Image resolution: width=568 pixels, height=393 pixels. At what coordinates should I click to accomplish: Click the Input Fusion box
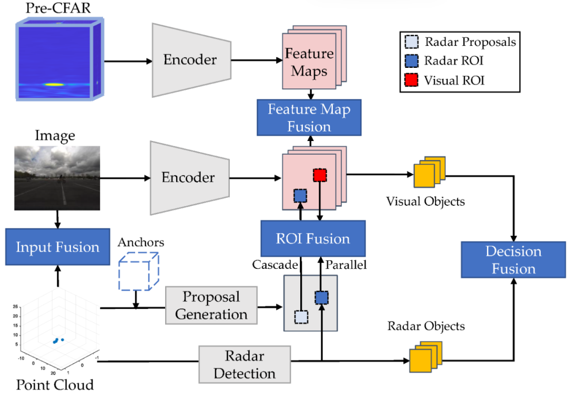point(58,247)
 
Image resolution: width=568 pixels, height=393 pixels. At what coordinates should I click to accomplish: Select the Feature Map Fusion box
point(309,118)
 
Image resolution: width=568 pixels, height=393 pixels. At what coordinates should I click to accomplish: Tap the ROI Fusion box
point(313,238)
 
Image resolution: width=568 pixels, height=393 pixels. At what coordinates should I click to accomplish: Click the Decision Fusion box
point(513,260)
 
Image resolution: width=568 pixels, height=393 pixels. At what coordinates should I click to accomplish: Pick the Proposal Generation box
point(211,305)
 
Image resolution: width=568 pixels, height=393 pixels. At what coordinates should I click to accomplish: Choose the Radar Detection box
point(245,365)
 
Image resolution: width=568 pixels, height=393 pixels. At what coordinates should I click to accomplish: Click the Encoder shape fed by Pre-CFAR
point(191,60)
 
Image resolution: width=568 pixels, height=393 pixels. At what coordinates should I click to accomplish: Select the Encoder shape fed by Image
point(190,178)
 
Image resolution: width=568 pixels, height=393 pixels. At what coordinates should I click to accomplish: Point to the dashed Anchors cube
point(139,271)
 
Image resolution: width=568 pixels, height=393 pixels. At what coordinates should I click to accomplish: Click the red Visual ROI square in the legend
point(411,79)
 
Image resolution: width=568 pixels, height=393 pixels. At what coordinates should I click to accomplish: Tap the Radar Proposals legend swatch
point(411,42)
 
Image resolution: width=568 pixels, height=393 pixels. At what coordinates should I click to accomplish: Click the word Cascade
point(275,265)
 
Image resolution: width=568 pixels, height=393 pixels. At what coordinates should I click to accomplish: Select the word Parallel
point(346,265)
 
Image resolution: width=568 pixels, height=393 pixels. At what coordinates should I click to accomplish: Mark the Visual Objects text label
point(425,201)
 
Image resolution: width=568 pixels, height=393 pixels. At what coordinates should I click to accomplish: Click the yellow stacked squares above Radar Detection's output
point(425,356)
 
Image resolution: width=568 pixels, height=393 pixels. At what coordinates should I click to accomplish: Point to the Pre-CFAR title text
point(58,8)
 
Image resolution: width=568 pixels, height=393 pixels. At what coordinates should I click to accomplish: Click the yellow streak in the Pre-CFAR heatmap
point(54,84)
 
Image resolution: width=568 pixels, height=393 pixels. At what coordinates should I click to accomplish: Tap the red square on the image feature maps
point(320,175)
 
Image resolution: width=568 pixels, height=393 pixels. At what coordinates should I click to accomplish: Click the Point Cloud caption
point(55,385)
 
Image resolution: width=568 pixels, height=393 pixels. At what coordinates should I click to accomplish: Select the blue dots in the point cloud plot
point(58,340)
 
